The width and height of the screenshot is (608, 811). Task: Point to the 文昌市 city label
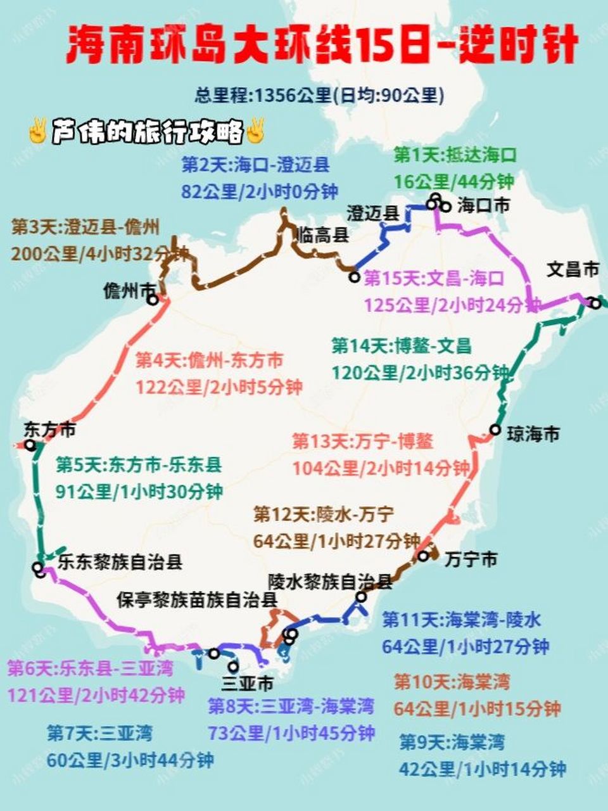(573, 270)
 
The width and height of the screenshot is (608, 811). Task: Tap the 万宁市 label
(471, 559)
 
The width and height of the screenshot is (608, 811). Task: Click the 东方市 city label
(50, 430)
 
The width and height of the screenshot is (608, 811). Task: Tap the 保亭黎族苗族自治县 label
(197, 600)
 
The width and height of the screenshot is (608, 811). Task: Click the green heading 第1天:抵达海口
(455, 155)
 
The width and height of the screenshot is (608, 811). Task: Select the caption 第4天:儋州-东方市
(210, 361)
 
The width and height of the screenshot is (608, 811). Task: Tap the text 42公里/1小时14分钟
(482, 769)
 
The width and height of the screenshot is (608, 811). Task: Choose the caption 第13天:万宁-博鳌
(362, 441)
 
